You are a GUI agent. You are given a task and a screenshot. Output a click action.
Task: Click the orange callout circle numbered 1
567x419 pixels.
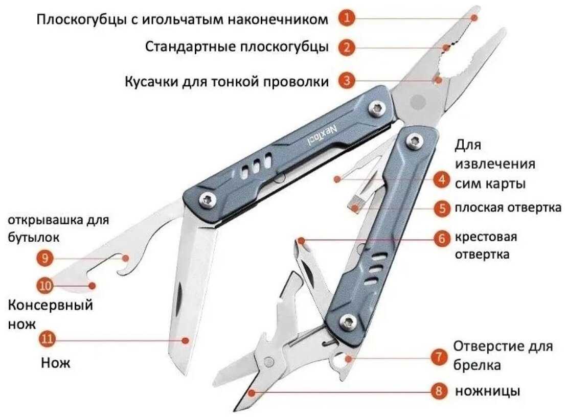pos(347,18)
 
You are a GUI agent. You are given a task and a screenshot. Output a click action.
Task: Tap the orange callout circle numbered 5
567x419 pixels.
pos(442,208)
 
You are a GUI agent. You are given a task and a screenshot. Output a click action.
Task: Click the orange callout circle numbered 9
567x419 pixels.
pos(45,259)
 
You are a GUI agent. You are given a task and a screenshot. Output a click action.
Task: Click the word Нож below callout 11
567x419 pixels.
pos(55,363)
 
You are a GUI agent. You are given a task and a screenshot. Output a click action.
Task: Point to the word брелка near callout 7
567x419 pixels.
pos(477,365)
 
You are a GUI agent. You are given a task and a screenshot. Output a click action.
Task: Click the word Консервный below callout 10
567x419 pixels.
pos(51,306)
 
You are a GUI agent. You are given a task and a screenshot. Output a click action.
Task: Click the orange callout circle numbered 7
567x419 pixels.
pos(438,357)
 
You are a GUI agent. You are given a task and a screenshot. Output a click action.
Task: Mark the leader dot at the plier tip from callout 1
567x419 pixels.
pos(474,17)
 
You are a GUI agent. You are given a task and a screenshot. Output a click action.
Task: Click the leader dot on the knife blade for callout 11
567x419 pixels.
pos(186,339)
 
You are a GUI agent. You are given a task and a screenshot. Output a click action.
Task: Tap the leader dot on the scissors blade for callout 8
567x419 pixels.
pos(251,392)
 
